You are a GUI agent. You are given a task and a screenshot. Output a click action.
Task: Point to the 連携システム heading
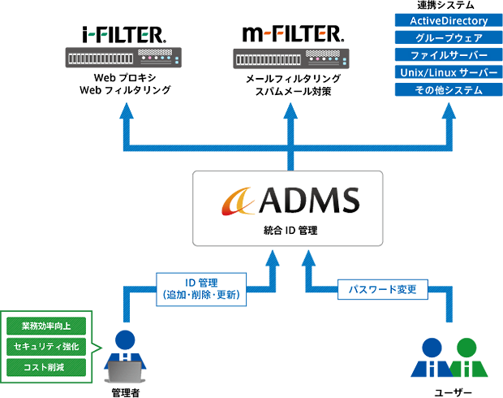click(x=442, y=6)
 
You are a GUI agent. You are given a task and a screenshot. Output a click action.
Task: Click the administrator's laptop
click(x=123, y=370)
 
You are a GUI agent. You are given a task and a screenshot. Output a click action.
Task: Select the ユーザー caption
click(x=449, y=392)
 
